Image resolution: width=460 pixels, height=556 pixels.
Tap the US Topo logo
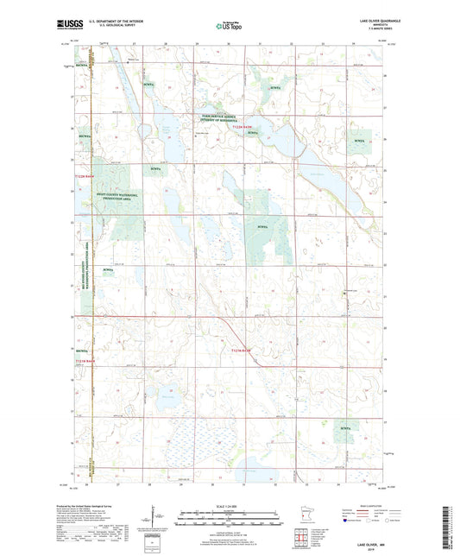[x=229, y=27]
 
